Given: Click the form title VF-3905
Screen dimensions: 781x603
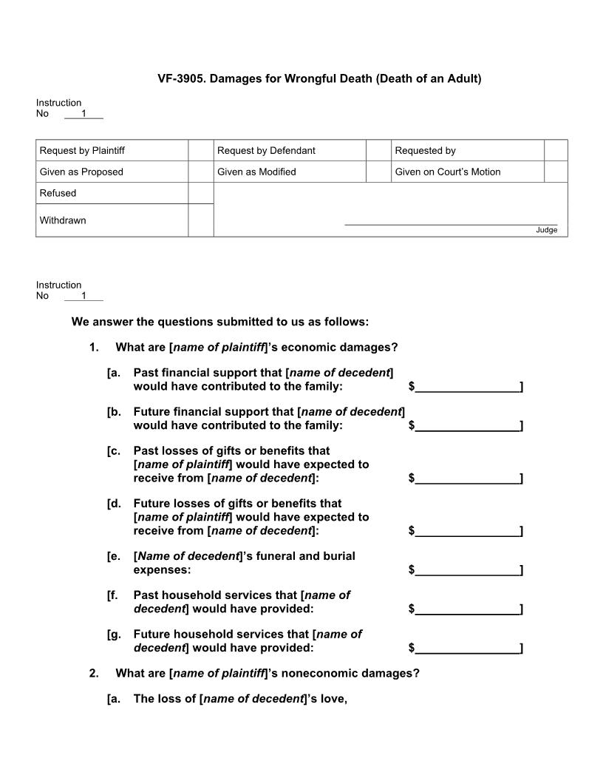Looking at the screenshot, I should point(319,78).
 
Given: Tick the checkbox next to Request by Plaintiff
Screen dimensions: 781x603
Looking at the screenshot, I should point(200,150).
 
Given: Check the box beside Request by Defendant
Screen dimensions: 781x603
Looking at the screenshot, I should point(378,150).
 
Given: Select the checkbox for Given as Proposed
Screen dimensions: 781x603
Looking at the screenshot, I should point(200,172).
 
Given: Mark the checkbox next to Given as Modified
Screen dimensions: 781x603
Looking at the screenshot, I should point(378,172).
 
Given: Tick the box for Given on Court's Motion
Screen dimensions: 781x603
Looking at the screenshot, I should point(556,172).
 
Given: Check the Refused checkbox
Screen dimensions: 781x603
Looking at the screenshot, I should point(200,193).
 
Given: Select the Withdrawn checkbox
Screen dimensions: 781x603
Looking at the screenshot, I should point(200,220).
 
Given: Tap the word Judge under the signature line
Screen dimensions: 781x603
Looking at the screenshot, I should point(547,230).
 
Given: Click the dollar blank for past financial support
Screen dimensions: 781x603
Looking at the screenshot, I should point(467,387).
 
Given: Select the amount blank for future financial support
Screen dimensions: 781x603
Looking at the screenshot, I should point(467,425).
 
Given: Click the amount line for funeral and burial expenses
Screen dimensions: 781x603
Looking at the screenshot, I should point(467,570).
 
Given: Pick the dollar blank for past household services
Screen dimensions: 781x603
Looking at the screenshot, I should point(467,609).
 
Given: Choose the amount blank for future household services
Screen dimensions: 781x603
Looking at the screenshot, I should point(467,648).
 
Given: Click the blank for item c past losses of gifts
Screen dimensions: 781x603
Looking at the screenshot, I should point(467,479).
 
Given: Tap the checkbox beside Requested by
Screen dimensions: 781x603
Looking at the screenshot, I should point(556,150).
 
